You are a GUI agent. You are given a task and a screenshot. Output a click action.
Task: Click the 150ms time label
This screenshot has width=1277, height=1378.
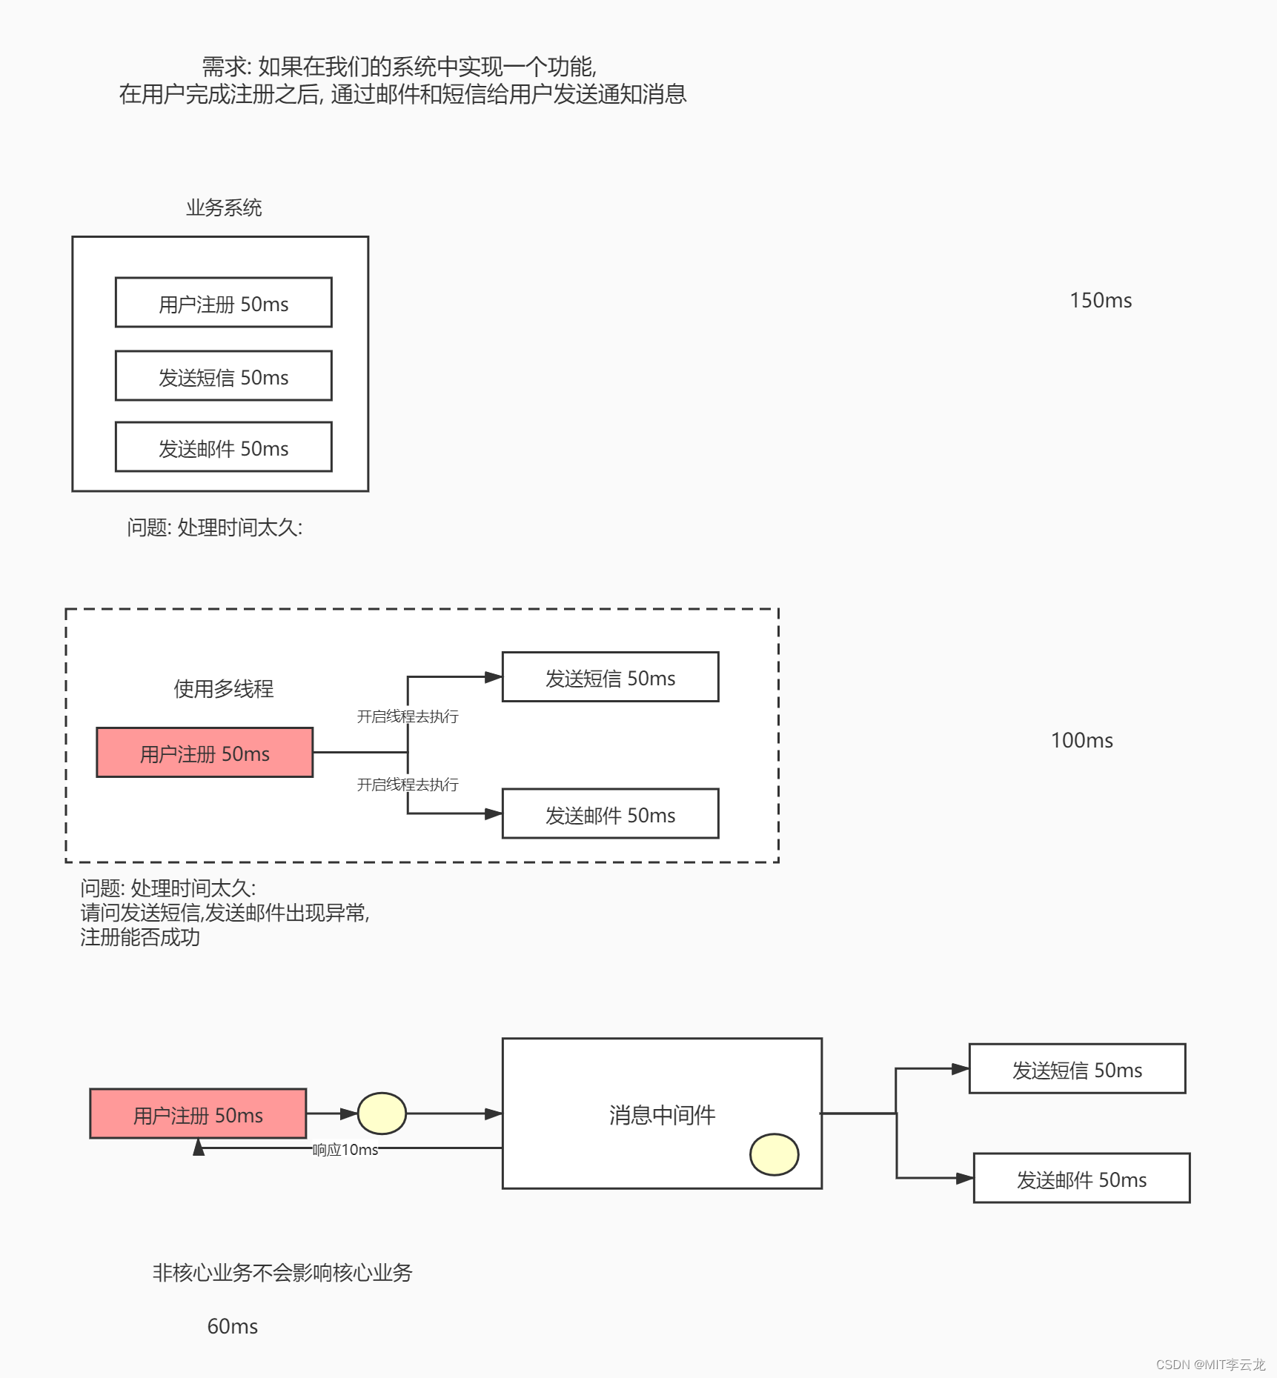pos(1101,301)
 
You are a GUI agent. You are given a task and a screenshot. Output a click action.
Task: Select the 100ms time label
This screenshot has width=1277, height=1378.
pos(1081,741)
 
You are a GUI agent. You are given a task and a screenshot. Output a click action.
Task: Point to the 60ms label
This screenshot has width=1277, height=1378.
pos(232,1326)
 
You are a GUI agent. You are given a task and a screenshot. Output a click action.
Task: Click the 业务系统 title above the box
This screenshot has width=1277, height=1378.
pos(224,208)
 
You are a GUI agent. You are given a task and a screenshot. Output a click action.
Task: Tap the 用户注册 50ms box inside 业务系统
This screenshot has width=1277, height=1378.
pos(223,303)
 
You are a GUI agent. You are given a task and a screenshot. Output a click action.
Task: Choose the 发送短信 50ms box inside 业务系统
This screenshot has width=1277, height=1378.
pos(223,376)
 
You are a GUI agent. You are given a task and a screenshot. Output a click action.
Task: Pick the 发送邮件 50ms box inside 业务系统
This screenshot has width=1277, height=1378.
pos(223,447)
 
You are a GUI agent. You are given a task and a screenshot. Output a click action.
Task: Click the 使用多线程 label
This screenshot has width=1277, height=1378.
pos(223,689)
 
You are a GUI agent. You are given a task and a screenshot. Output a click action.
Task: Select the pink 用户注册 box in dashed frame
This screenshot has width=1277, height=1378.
pos(205,753)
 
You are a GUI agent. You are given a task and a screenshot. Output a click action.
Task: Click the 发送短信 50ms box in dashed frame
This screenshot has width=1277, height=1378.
pos(610,677)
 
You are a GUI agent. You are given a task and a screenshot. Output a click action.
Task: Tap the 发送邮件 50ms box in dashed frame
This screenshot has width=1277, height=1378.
pos(610,814)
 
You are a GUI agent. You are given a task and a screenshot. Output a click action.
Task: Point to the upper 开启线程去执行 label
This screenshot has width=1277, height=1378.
pos(408,716)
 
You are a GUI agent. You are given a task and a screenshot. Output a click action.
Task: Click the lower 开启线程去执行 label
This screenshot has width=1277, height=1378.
pos(408,785)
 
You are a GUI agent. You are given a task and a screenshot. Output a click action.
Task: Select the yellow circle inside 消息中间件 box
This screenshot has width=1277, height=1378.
pos(774,1154)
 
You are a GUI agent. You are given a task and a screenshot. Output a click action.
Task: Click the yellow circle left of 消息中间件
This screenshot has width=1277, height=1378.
pos(382,1114)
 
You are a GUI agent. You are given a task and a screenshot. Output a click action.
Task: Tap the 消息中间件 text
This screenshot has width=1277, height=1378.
pos(662,1115)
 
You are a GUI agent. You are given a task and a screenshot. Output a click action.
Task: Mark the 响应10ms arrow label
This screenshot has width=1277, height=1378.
pos(345,1150)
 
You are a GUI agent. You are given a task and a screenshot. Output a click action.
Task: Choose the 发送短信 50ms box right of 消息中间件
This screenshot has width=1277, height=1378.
pos(1077,1069)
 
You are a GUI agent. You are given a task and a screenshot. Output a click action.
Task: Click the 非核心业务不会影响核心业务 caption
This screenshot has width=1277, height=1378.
pos(282,1273)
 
